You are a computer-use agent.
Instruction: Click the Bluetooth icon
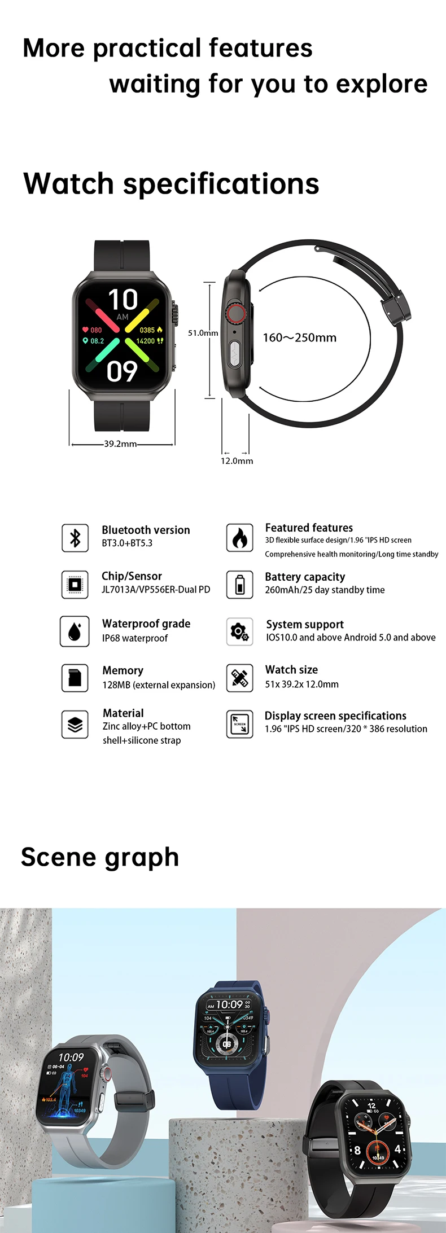click(x=75, y=537)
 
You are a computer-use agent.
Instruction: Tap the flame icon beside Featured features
click(x=239, y=537)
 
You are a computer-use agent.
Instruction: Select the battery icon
click(x=239, y=584)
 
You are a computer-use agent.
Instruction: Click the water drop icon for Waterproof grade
click(x=75, y=631)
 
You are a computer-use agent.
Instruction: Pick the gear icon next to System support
click(x=239, y=631)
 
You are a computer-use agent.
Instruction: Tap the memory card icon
click(x=75, y=677)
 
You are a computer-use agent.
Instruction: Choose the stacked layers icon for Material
click(x=75, y=724)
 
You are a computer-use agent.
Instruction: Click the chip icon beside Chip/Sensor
click(x=75, y=584)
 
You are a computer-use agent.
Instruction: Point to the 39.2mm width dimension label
click(x=120, y=444)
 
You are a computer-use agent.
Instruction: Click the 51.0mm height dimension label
click(x=203, y=333)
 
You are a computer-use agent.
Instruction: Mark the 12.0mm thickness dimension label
click(x=237, y=461)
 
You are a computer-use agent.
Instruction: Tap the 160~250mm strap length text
click(x=299, y=337)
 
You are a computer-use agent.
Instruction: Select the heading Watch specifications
click(x=171, y=183)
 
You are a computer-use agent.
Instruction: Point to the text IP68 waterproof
click(x=135, y=638)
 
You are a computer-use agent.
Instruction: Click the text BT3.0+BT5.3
click(x=127, y=543)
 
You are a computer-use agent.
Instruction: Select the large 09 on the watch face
click(x=122, y=371)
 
